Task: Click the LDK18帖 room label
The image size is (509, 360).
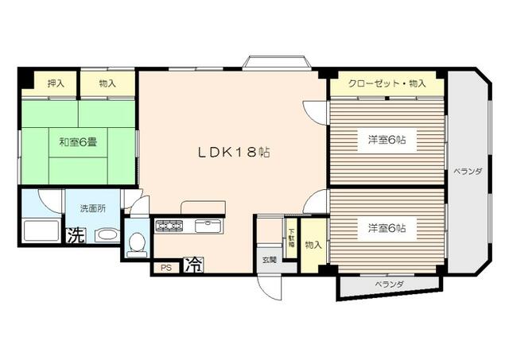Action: tap(234, 152)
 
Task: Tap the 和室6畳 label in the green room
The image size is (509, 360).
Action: tap(78, 141)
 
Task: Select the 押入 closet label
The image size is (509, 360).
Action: tap(56, 83)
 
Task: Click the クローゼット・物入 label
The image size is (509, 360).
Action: tap(387, 83)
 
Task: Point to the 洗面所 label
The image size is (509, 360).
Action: tap(93, 208)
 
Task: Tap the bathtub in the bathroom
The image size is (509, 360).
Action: tap(41, 230)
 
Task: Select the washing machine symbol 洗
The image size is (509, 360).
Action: tap(76, 235)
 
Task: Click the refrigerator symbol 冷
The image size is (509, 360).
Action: tap(194, 265)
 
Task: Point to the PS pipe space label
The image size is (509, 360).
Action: tap(166, 268)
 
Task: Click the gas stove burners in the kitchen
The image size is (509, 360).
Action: tap(169, 225)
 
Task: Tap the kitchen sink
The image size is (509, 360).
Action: tap(208, 226)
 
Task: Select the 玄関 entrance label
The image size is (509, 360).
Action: tap(270, 259)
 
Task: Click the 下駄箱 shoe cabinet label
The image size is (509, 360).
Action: tap(292, 238)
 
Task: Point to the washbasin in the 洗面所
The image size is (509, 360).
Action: tap(109, 234)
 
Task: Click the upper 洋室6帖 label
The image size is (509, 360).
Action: tap(387, 140)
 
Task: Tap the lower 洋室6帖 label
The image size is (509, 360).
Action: tap(387, 228)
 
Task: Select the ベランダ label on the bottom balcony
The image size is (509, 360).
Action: tap(390, 285)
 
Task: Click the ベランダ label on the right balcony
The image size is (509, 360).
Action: tap(468, 171)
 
